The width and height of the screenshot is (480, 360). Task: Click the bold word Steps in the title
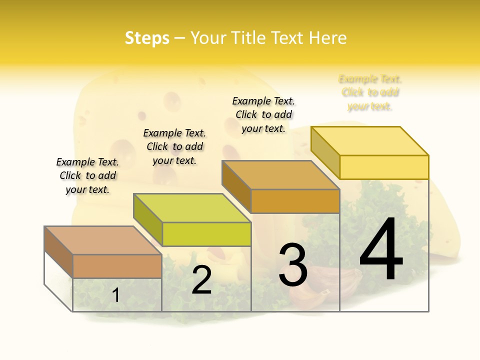147,38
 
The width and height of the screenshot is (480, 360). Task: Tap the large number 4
381,249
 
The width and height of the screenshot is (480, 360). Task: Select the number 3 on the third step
292,264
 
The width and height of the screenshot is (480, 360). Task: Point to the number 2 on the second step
201,280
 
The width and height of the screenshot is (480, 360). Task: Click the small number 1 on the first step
115,295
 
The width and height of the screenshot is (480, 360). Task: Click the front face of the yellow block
384,167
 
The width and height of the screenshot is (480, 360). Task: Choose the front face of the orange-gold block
295,201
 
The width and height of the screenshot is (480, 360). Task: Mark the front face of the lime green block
206,234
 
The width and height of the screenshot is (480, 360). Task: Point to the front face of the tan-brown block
117,266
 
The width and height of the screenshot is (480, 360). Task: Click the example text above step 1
87,175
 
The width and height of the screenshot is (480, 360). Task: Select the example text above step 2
174,146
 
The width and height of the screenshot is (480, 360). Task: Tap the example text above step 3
263,114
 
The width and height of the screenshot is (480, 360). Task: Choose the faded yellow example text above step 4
370,92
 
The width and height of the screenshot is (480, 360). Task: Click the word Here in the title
327,38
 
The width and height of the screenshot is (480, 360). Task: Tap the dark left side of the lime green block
148,219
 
